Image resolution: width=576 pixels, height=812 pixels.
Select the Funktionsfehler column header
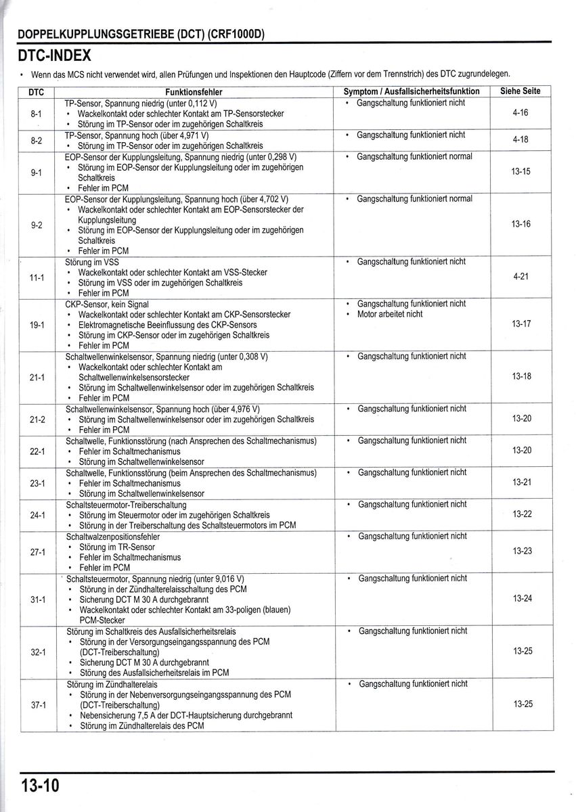194,92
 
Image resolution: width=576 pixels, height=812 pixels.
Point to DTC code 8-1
37,114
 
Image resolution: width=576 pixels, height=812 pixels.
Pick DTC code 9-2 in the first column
37,225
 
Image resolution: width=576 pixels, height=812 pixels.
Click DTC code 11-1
37,277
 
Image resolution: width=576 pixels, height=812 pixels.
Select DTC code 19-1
37,324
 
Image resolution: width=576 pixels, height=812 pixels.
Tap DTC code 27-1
38,551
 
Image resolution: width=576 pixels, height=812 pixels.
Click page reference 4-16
520,113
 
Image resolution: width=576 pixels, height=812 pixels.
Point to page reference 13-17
521,323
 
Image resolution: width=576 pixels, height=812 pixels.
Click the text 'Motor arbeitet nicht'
389,314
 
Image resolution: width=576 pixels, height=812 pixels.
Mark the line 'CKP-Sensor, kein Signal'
106,304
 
